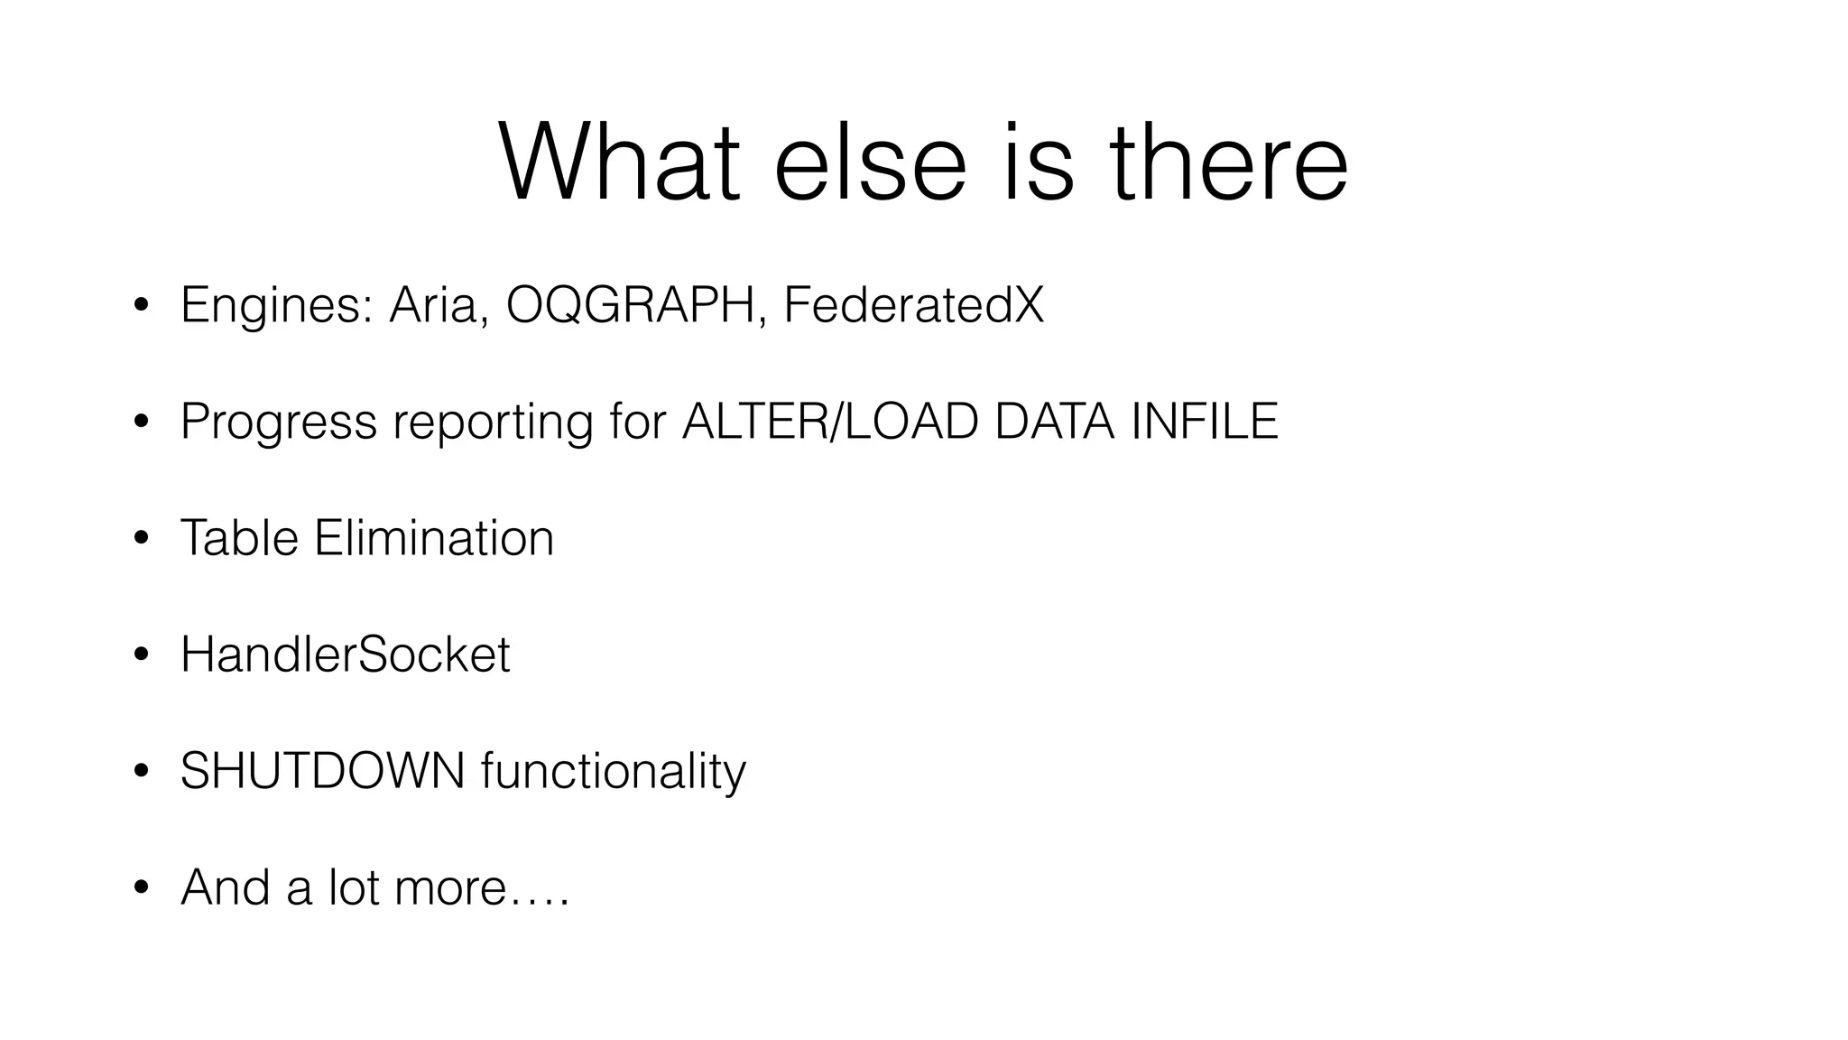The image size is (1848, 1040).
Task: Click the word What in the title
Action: pos(619,164)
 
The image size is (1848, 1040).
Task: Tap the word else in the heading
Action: pos(870,164)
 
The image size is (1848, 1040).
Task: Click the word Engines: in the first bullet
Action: pos(277,305)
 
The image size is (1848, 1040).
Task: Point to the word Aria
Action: pos(439,305)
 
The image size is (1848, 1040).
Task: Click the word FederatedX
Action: pos(913,305)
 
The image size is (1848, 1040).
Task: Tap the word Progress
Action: pos(278,422)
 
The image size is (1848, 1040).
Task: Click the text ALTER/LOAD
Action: pos(830,422)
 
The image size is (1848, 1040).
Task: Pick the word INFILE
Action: pos(1204,422)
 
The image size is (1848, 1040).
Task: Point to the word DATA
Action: pos(1054,422)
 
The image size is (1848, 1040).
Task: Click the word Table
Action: pos(239,538)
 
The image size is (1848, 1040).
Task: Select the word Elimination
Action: pos(434,538)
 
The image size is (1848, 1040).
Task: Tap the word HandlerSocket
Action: pos(346,655)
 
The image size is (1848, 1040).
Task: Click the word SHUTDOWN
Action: pos(322,771)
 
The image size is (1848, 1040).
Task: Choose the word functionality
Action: pos(614,772)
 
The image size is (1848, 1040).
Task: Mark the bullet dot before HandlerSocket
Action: pos(140,655)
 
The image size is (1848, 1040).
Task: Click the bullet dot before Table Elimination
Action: pos(140,539)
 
